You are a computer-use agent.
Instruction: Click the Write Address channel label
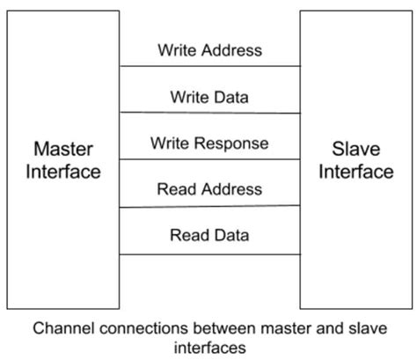click(x=209, y=50)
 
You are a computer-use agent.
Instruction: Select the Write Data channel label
click(x=209, y=96)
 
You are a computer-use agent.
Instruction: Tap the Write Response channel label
click(x=209, y=143)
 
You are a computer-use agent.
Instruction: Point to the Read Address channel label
click(x=209, y=189)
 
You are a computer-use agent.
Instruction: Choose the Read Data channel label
click(x=209, y=235)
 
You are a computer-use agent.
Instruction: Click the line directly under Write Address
click(x=209, y=66)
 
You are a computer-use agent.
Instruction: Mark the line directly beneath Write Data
click(x=209, y=113)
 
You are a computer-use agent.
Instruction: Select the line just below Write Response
click(x=209, y=159)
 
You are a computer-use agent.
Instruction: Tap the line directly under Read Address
click(x=209, y=207)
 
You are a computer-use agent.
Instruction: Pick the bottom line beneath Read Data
click(x=209, y=254)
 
